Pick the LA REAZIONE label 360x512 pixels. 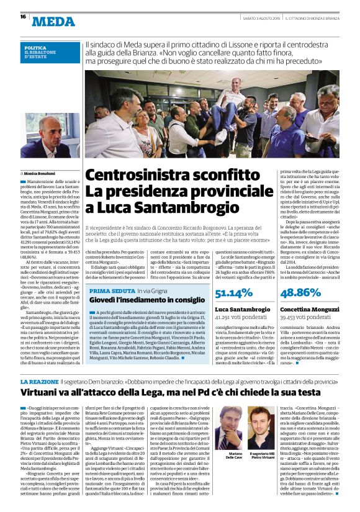coord(39,381)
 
